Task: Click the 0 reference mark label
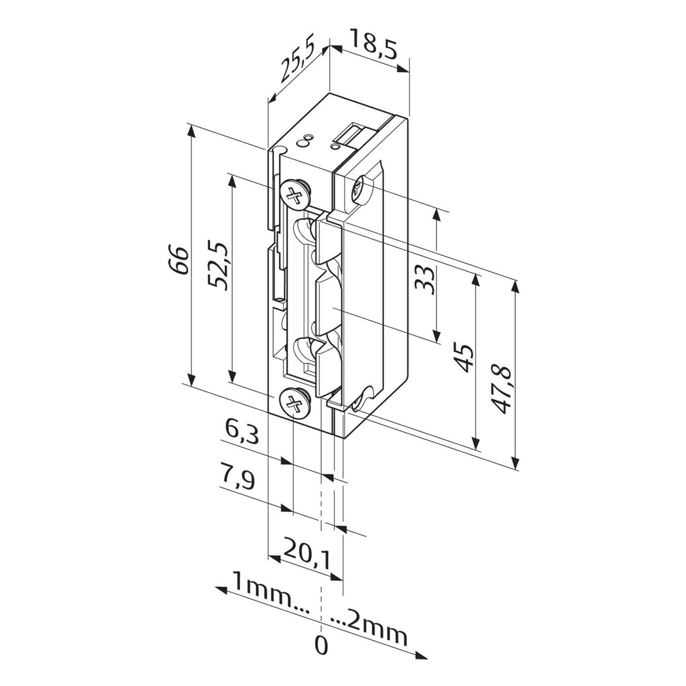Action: pos(320,646)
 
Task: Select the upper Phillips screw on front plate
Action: pos(294,194)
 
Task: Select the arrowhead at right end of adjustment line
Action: pos(421,655)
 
